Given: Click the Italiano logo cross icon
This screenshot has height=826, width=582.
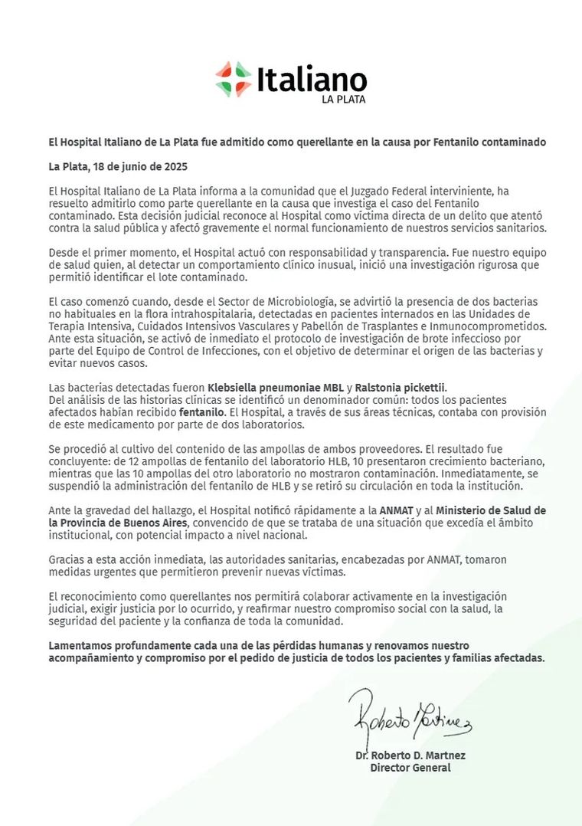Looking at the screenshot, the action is tap(234, 79).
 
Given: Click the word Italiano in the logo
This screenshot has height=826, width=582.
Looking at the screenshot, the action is tap(312, 80).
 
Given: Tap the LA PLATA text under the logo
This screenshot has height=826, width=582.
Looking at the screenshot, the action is tap(343, 99).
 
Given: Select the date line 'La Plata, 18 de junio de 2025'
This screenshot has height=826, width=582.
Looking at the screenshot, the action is tap(118, 166).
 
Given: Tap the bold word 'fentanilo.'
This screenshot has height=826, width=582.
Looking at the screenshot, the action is tap(203, 412).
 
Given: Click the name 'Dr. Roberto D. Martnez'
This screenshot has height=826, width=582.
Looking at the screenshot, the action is tap(410, 756).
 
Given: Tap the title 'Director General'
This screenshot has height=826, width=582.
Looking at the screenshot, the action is tap(410, 768).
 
